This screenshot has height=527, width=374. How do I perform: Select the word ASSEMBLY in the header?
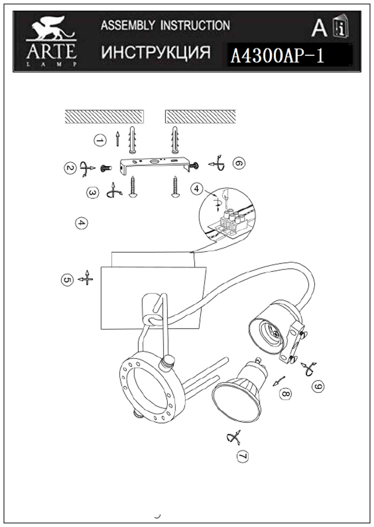click(x=127, y=25)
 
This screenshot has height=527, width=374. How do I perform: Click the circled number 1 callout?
click(x=99, y=140)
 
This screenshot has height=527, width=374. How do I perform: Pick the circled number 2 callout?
click(x=70, y=168)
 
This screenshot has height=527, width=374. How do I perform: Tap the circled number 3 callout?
click(x=93, y=193)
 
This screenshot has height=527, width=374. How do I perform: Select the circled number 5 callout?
click(x=67, y=280)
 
